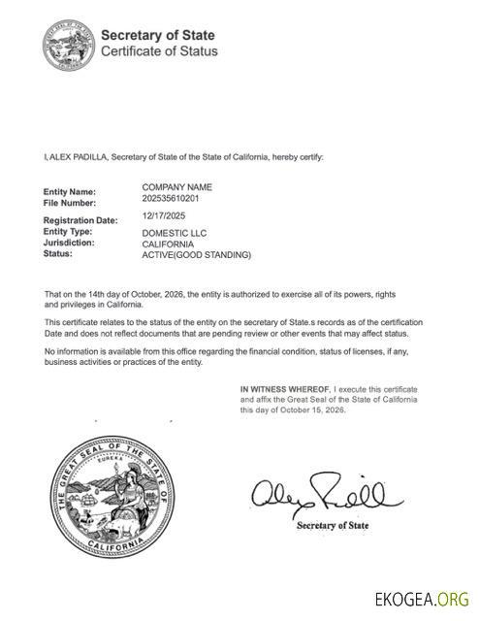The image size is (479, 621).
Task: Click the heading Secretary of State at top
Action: (x=159, y=34)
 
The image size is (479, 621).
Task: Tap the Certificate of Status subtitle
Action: (x=159, y=50)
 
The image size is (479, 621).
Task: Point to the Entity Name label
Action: (x=70, y=192)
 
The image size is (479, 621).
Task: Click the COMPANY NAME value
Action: (x=176, y=186)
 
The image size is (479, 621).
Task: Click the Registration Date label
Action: (x=80, y=220)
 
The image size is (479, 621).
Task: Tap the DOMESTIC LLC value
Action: (x=175, y=233)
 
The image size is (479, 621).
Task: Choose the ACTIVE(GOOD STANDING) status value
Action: (x=196, y=255)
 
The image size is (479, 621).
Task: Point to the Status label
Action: (x=59, y=254)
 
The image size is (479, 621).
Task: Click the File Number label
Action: (x=70, y=203)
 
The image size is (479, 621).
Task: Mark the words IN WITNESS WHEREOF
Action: (x=285, y=389)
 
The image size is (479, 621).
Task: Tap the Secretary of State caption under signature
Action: (x=332, y=526)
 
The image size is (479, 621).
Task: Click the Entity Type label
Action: (x=68, y=232)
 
